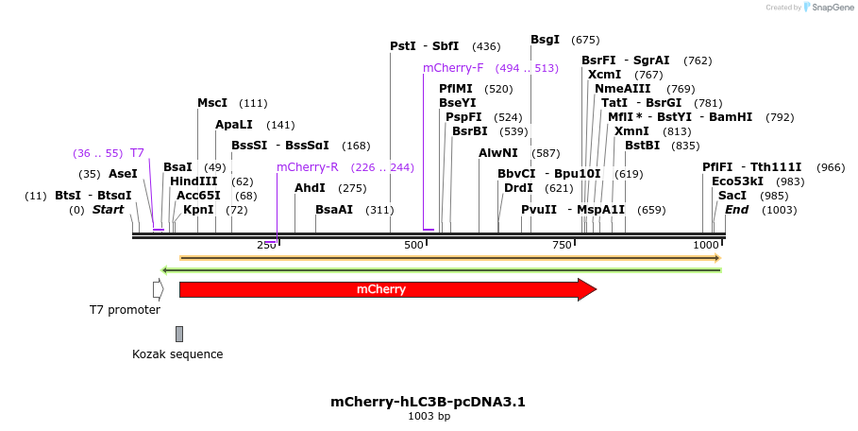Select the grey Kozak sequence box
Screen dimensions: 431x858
coord(179,334)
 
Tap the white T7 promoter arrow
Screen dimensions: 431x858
coord(158,289)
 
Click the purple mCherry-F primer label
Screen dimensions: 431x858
coord(453,68)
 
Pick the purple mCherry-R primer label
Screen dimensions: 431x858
coord(307,167)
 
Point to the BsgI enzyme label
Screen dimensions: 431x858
coord(545,40)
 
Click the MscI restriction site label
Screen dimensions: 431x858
coord(212,103)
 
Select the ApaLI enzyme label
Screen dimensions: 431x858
coord(234,125)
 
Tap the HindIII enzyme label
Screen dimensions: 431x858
coord(193,181)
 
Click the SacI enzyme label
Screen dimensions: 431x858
coord(732,196)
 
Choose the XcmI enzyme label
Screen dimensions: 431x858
coord(604,75)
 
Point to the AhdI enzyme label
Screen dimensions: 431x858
coord(310,188)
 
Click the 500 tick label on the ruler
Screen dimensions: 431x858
coord(413,246)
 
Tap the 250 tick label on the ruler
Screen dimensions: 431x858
coord(266,246)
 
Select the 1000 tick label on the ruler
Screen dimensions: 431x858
coord(706,246)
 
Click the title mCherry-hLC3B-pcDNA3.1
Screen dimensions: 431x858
coord(428,402)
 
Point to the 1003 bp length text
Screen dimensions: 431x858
coord(428,416)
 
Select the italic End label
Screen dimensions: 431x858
coord(736,210)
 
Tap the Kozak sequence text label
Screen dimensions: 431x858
coord(177,354)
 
